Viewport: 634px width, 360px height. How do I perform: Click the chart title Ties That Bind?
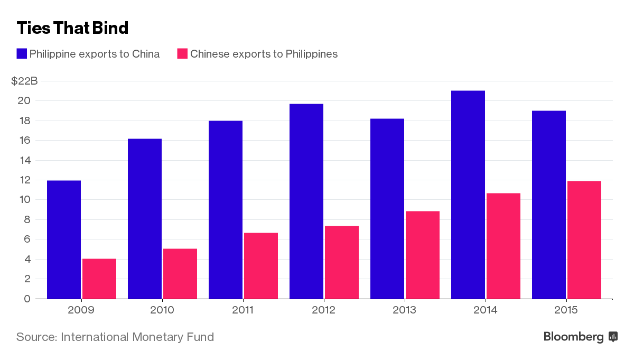(x=72, y=27)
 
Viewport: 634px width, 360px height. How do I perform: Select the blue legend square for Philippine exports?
(x=22, y=53)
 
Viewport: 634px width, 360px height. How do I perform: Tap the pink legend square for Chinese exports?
(x=182, y=53)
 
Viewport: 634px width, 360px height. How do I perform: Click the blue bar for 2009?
(x=64, y=239)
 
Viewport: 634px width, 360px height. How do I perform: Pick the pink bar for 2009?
(x=99, y=279)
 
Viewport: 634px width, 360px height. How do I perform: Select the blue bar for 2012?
(x=306, y=201)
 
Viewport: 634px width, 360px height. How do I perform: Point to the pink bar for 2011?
(x=261, y=265)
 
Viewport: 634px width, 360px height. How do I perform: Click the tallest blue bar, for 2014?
(x=468, y=195)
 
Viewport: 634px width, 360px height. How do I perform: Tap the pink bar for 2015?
(x=584, y=240)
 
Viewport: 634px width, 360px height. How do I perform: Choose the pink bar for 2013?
(x=423, y=255)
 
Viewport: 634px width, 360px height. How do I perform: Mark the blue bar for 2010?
(x=145, y=218)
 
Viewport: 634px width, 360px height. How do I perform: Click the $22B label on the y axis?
(x=24, y=81)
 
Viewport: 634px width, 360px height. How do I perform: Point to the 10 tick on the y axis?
(x=26, y=200)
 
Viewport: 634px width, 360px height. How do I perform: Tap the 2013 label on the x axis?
(x=404, y=310)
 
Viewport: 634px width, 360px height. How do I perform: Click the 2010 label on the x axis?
(x=162, y=310)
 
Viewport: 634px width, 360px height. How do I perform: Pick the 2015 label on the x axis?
(x=566, y=310)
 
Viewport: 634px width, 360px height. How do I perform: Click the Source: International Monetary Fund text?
(x=115, y=337)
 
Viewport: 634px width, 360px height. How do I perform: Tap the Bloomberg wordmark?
(x=573, y=337)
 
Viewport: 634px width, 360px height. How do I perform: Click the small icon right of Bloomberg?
(x=613, y=336)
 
